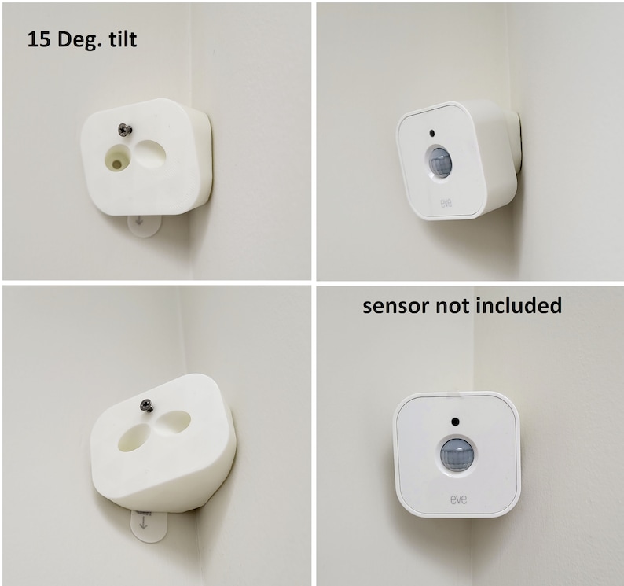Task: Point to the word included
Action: tap(519, 305)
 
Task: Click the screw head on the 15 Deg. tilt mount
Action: tap(123, 129)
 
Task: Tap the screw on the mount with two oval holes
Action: tap(145, 405)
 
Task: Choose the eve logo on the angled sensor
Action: tap(446, 201)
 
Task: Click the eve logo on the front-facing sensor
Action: tap(457, 498)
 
